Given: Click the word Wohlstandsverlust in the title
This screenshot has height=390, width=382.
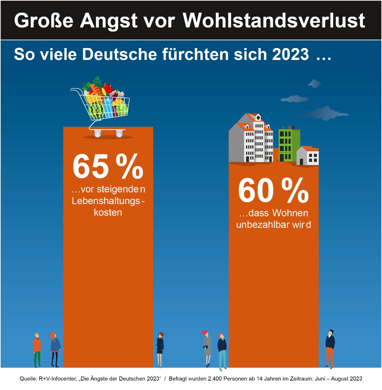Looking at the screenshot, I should (x=274, y=21).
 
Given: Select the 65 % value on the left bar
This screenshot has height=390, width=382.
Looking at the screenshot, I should (x=108, y=167).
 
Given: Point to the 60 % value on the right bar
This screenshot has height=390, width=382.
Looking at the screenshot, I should (x=273, y=191).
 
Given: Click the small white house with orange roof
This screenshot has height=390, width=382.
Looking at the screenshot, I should (x=308, y=156).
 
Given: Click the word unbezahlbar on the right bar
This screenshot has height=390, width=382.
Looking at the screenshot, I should (x=260, y=225).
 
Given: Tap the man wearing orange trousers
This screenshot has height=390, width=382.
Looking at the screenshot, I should (x=330, y=348).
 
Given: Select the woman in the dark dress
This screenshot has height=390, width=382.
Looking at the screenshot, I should (x=160, y=349).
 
